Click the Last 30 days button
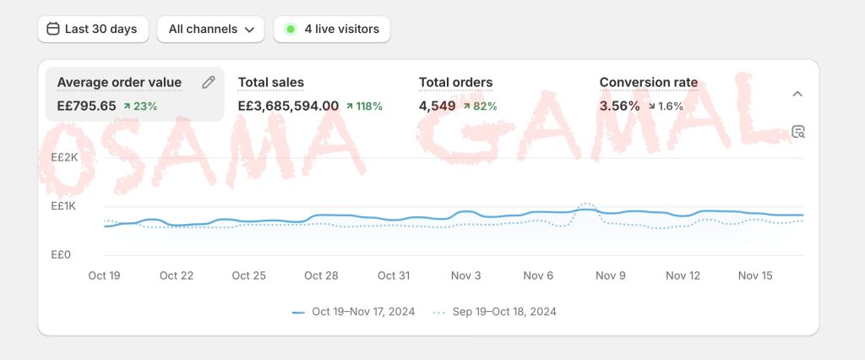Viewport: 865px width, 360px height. pyautogui.click(x=92, y=29)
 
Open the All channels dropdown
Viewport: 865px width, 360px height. pyautogui.click(x=210, y=29)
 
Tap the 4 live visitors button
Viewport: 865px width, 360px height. pyautogui.click(x=332, y=29)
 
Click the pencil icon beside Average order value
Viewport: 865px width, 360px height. pyautogui.click(x=209, y=82)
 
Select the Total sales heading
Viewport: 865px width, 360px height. pyautogui.click(x=271, y=82)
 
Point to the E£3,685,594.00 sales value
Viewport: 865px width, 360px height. pyautogui.click(x=288, y=106)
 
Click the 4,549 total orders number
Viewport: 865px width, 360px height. pyautogui.click(x=437, y=106)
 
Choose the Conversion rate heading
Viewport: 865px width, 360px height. pyautogui.click(x=649, y=82)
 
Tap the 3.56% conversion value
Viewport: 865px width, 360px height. pyautogui.click(x=619, y=106)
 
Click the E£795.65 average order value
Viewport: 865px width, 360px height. pyautogui.click(x=86, y=106)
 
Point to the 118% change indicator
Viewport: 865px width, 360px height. pyautogui.click(x=364, y=106)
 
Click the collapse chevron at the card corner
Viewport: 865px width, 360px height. pyautogui.click(x=797, y=94)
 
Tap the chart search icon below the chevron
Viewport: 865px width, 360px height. pyautogui.click(x=798, y=131)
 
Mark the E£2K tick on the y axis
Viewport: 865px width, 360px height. pyautogui.click(x=64, y=157)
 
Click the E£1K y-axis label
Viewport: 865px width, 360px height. pyautogui.click(x=64, y=206)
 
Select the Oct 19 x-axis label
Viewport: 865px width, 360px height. pyautogui.click(x=104, y=275)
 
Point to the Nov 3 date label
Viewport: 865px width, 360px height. pyautogui.click(x=466, y=275)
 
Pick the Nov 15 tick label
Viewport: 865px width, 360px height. pyautogui.click(x=755, y=275)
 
